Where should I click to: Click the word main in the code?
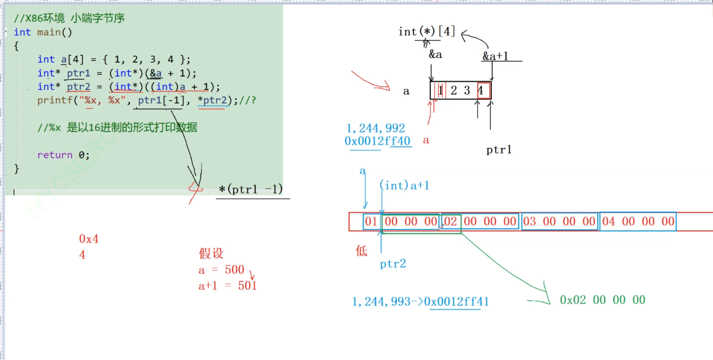pos(49,32)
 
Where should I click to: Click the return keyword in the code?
pos(55,155)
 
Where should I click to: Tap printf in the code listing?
pos(55,100)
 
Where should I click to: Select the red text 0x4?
pos(88,239)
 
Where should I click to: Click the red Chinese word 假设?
pos(211,253)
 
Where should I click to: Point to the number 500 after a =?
pos(234,270)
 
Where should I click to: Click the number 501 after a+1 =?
pos(247,285)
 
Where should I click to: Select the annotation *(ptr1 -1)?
pos(251,189)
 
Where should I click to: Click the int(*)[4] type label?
pos(426,31)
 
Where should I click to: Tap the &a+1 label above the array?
pos(495,56)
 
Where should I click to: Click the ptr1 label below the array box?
pos(499,150)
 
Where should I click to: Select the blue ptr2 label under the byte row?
pos(393,264)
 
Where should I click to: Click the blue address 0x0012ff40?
pos(378,141)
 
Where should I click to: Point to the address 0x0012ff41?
pos(456,302)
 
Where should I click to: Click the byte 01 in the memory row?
pos(371,222)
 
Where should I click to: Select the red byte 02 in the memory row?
pos(450,222)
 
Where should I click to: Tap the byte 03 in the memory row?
pos(529,222)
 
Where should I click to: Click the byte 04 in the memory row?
pos(608,222)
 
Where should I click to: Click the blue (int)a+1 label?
pos(405,186)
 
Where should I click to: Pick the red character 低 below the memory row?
pos(361,251)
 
